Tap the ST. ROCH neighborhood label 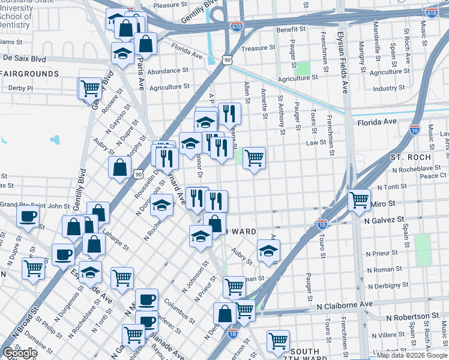tap(410, 157)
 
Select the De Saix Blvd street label tap(24, 59)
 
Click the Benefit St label tap(291, 29)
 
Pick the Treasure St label tap(258, 47)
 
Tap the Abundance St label tap(168, 71)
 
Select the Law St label tap(315, 143)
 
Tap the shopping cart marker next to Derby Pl tap(90, 88)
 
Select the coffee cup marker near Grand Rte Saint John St tap(28, 217)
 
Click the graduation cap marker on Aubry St tap(268, 250)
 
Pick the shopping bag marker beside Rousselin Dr tap(120, 167)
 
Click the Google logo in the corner tap(20, 353)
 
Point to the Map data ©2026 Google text tap(411, 355)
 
